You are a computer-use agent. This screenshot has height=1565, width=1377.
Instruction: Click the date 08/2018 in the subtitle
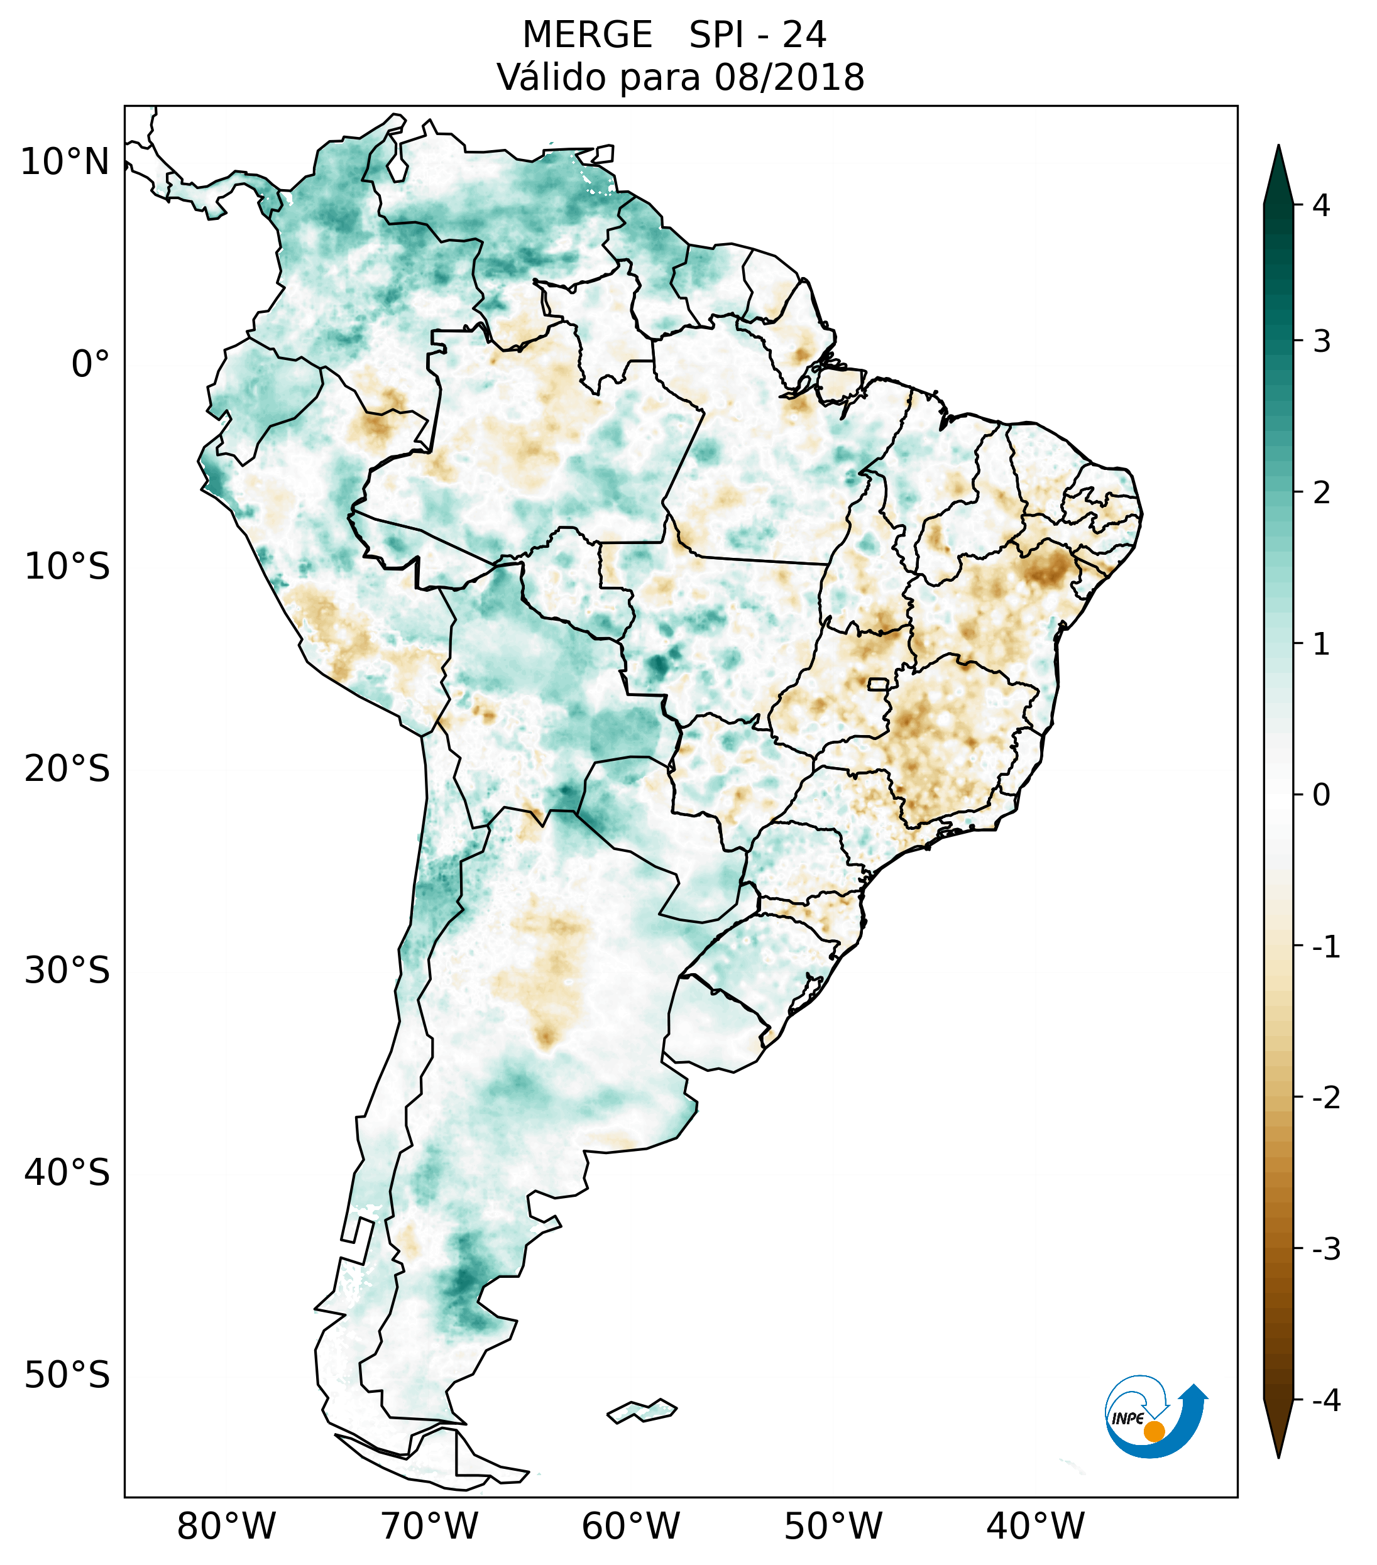(x=789, y=77)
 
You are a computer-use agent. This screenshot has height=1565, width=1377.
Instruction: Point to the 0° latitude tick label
(x=91, y=364)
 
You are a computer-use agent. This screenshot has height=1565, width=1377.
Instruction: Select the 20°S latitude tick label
(x=67, y=769)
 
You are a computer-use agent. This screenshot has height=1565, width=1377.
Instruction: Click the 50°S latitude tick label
(x=67, y=1376)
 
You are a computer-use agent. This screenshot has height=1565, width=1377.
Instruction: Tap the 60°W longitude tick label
(x=630, y=1527)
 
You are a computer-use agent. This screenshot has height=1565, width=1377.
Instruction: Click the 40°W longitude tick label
(x=1036, y=1527)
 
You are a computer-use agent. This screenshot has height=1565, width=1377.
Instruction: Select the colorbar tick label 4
(x=1321, y=205)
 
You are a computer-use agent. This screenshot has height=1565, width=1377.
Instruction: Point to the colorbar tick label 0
(x=1321, y=795)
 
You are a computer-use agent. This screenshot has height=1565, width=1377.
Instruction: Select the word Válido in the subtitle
(x=551, y=77)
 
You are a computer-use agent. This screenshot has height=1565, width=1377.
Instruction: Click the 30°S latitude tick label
(x=67, y=971)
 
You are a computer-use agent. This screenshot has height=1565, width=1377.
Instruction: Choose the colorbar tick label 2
(x=1321, y=493)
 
